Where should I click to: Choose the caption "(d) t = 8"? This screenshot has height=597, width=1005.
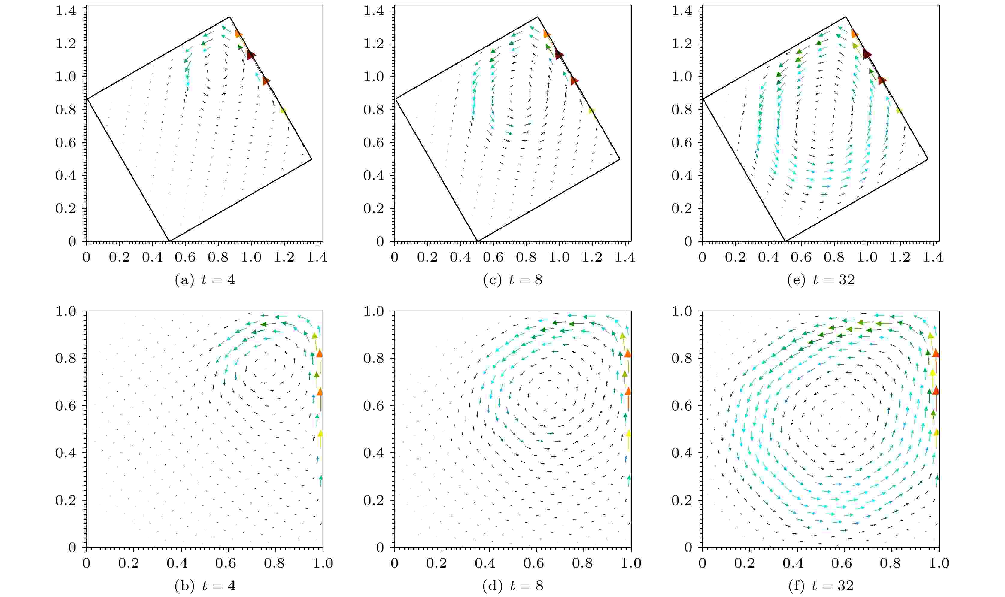tap(512, 586)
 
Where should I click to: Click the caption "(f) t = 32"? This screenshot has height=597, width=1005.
tap(821, 586)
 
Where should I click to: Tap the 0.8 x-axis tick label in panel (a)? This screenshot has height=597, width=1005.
tap(218, 257)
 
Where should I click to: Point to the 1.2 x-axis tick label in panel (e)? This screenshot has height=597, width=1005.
tap(900, 257)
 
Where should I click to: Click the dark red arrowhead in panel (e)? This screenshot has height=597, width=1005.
tap(867, 54)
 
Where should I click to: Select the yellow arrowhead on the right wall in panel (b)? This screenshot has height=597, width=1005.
tap(320, 434)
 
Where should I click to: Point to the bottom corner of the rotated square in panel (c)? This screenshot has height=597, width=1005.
tap(477, 241)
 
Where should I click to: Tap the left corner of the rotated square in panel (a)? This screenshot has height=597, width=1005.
tap(88, 98)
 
